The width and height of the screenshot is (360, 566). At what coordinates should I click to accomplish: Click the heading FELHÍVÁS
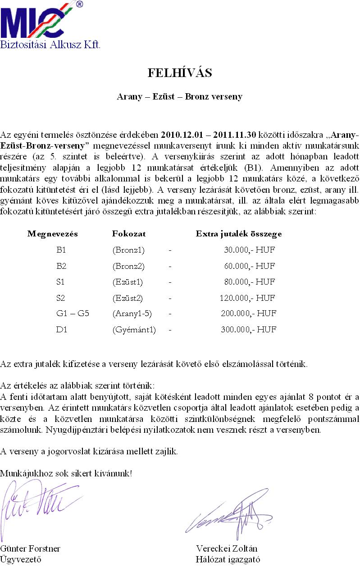pyautogui.click(x=179, y=73)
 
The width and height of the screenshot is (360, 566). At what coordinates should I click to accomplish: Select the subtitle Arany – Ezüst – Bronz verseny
pyautogui.click(x=179, y=97)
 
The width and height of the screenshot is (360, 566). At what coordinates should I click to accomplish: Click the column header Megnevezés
pyautogui.click(x=53, y=234)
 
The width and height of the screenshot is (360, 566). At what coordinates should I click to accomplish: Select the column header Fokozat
pyautogui.click(x=128, y=234)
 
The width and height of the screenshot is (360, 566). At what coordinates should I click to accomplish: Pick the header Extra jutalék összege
pyautogui.click(x=239, y=234)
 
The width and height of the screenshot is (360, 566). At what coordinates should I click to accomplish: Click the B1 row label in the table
pyautogui.click(x=61, y=250)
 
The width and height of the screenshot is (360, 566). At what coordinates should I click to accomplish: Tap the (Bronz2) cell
pyautogui.click(x=128, y=266)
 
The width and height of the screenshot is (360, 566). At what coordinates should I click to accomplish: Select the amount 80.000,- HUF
pyautogui.click(x=250, y=282)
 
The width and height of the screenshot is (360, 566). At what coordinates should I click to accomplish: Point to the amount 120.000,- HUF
pyautogui.click(x=247, y=298)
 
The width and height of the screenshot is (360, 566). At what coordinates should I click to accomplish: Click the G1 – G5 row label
pyautogui.click(x=73, y=313)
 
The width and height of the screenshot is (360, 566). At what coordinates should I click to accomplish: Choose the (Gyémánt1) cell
pyautogui.click(x=134, y=330)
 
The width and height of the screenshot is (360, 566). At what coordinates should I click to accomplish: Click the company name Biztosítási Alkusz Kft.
pyautogui.click(x=50, y=45)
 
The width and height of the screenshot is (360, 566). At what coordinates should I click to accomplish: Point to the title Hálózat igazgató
pyautogui.click(x=228, y=560)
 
